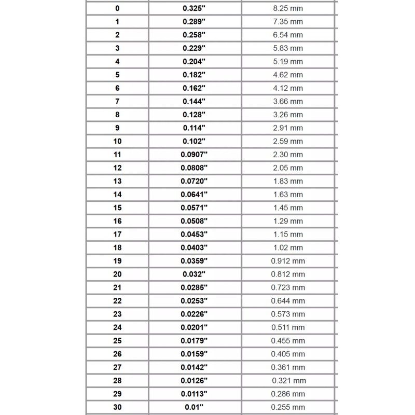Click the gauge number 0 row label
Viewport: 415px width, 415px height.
(117, 8)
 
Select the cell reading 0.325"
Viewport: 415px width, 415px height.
(194, 8)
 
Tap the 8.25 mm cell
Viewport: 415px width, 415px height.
(288, 8)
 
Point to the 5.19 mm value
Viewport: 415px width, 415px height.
(288, 61)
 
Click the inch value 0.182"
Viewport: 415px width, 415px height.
(194, 75)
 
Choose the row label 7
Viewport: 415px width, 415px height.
(117, 101)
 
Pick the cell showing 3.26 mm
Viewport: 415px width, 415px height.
(288, 115)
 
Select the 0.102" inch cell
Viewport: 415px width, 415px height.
(194, 141)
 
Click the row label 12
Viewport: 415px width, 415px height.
(117, 168)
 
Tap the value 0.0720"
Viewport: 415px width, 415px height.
(194, 181)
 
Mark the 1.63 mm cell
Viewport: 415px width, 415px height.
(288, 195)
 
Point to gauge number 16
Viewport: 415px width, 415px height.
(117, 221)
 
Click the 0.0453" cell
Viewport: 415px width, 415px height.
(194, 234)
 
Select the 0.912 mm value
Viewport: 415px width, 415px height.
(288, 261)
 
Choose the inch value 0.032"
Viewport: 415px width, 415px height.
(194, 274)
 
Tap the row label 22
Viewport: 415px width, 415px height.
(117, 301)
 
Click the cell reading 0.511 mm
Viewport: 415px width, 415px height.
(288, 327)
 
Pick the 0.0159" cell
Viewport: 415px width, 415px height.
(194, 354)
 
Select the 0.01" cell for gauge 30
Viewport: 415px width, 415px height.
(194, 407)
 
